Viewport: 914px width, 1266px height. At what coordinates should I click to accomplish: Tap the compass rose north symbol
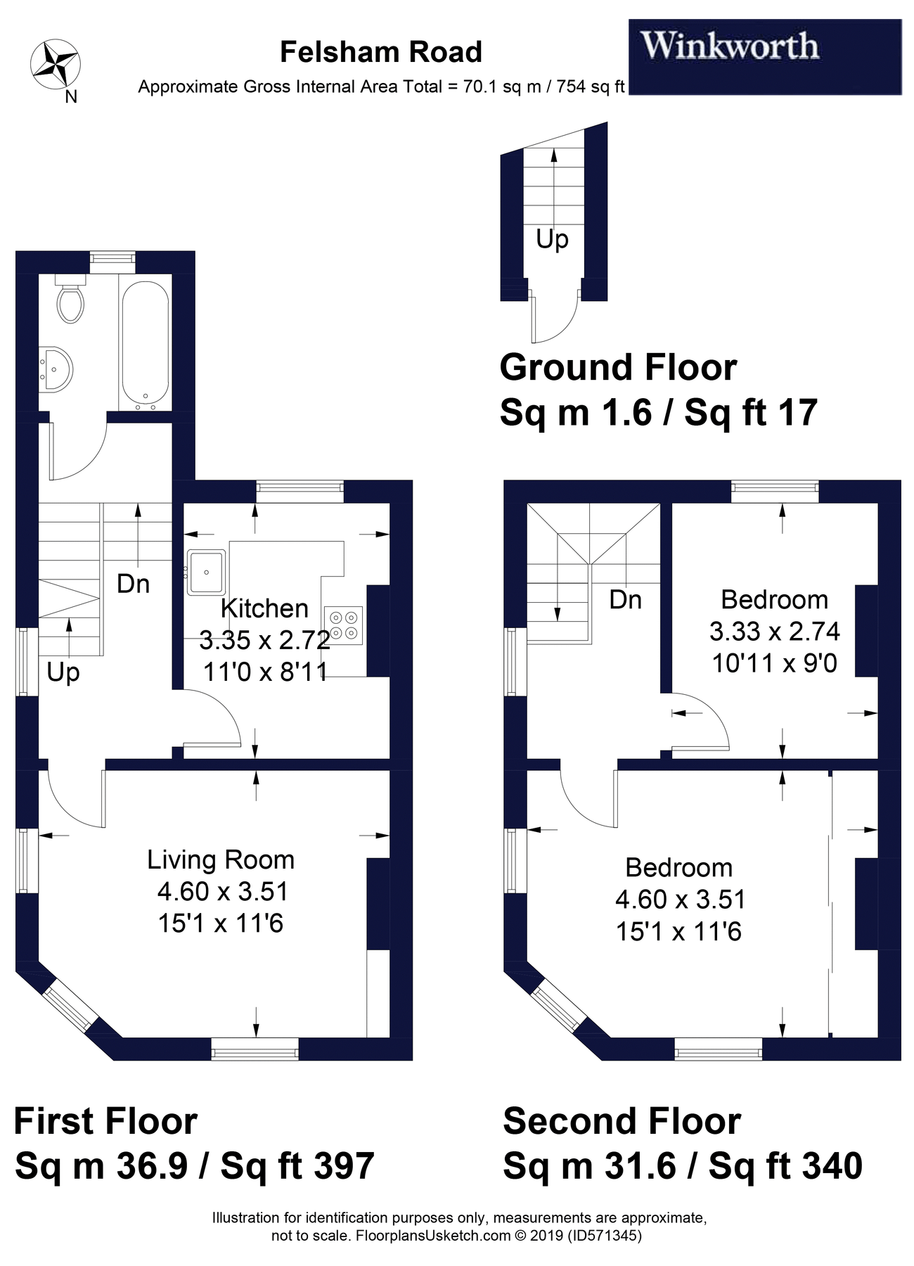tap(56, 64)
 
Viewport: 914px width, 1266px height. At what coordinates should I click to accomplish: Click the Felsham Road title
tap(380, 52)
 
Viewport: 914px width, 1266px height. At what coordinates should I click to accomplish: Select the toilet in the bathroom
tap(70, 302)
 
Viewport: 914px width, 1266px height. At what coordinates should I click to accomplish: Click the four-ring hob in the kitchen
tap(344, 625)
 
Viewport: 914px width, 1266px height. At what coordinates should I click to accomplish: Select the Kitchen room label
tap(264, 608)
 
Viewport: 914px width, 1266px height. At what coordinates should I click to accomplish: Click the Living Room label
tap(220, 859)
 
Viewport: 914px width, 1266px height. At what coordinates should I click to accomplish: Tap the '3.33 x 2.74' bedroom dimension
tap(774, 631)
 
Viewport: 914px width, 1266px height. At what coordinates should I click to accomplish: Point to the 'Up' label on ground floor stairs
tap(552, 240)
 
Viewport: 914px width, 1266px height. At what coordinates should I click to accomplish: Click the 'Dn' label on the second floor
tap(625, 599)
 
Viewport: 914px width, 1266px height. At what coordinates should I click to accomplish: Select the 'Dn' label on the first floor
tap(133, 583)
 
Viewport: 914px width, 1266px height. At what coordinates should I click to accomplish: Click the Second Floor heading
tap(622, 1121)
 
